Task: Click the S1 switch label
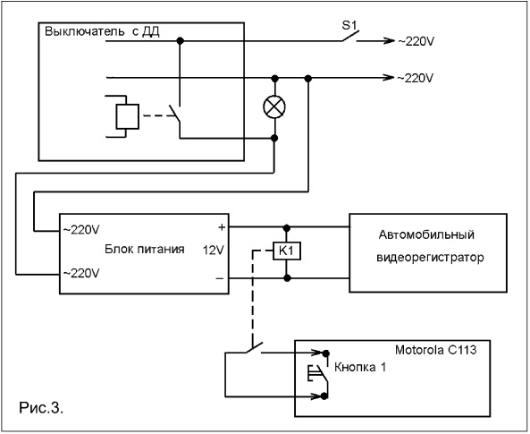[349, 26]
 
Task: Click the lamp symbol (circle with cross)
[274, 107]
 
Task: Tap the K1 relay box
[287, 251]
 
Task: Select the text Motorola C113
[435, 350]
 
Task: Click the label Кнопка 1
[360, 367]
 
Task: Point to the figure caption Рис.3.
[41, 407]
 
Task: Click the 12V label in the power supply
[214, 251]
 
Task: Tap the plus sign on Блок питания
[222, 227]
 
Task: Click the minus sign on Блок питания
[220, 278]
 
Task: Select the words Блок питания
[145, 249]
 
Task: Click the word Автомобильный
[426, 234]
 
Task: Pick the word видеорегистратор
[430, 258]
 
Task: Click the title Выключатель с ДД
[102, 31]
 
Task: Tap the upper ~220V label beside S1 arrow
[416, 41]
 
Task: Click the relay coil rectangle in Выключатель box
[128, 116]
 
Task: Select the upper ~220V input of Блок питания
[81, 230]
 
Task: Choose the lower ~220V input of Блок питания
[81, 273]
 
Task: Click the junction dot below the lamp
[274, 138]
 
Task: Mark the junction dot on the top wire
[181, 41]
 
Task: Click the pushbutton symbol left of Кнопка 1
[317, 373]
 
